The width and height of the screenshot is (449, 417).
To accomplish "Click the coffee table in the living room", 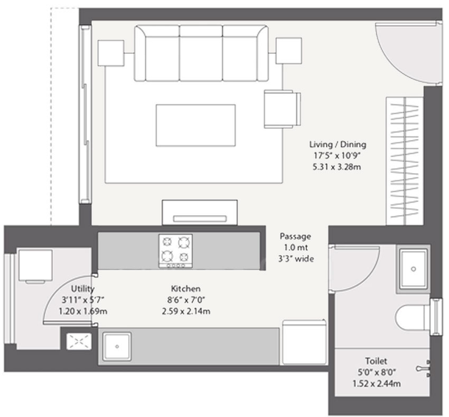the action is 196,125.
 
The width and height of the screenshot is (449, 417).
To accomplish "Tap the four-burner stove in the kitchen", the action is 175,251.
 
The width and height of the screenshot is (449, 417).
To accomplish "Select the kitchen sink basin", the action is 117,346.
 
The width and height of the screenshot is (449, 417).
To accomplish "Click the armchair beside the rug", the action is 283,109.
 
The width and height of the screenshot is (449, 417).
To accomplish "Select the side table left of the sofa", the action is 111,53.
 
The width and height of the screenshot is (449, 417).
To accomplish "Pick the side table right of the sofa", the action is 289,51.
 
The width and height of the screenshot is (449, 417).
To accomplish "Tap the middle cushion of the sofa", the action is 201,53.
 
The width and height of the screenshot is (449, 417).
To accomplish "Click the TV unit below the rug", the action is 199,212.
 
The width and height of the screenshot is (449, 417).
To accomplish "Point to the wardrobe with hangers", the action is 404,161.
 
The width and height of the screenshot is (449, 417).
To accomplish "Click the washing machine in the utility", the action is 35,266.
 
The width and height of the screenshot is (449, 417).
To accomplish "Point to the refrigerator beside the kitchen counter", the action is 305,343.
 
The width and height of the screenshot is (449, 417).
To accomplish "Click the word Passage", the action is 295,236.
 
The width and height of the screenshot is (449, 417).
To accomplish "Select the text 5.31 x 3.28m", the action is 337,167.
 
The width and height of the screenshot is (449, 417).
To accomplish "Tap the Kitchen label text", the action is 185,288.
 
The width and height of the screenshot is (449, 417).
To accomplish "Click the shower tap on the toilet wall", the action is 423,368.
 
